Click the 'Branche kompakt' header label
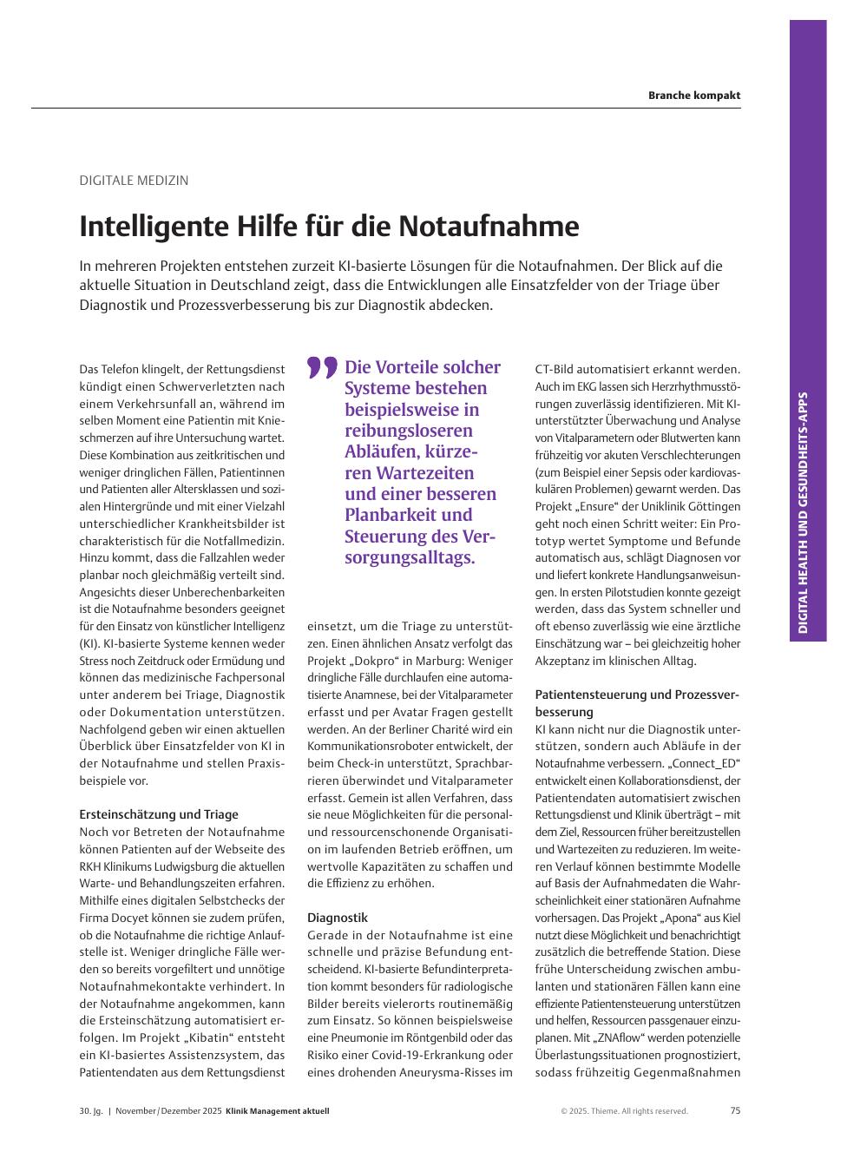[693, 95]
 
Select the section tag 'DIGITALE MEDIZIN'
[134, 181]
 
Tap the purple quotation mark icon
[322, 368]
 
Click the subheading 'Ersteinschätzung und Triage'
[159, 814]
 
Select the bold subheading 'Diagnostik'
[338, 918]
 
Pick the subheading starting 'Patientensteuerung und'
[636, 695]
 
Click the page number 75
[735, 1110]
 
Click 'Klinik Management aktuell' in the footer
[277, 1111]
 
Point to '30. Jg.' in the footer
[91, 1111]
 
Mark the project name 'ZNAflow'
[623, 1037]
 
